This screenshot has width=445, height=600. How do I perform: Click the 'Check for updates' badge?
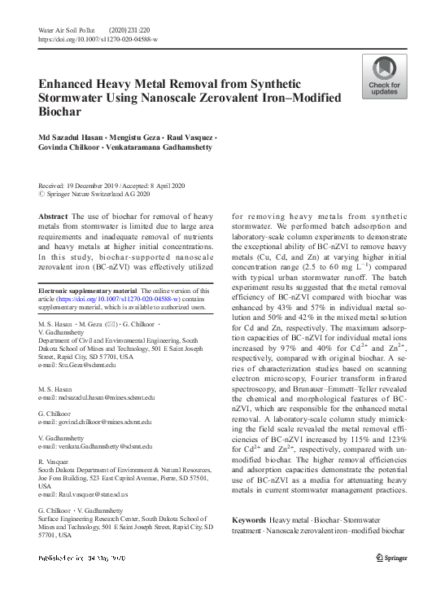click(384, 77)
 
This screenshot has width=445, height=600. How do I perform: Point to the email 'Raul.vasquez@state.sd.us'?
click(83, 494)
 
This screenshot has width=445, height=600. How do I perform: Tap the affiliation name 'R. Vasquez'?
click(54, 462)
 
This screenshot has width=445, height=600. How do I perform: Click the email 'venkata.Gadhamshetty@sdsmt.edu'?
click(96, 447)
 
